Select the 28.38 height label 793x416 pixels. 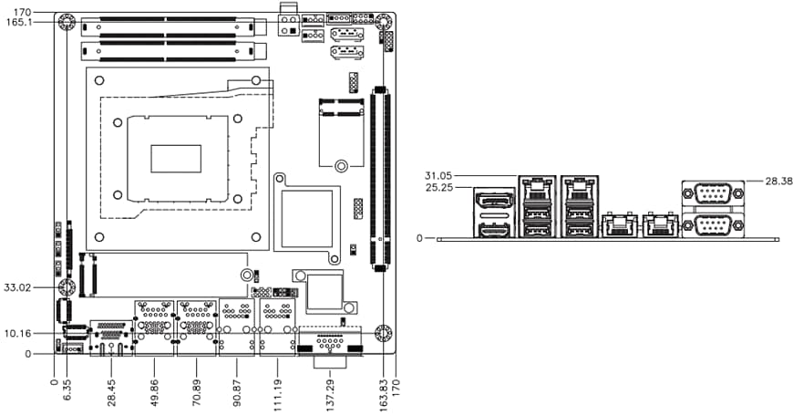click(766, 182)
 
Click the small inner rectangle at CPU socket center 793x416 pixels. click(176, 159)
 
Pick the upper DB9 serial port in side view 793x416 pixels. click(713, 194)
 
